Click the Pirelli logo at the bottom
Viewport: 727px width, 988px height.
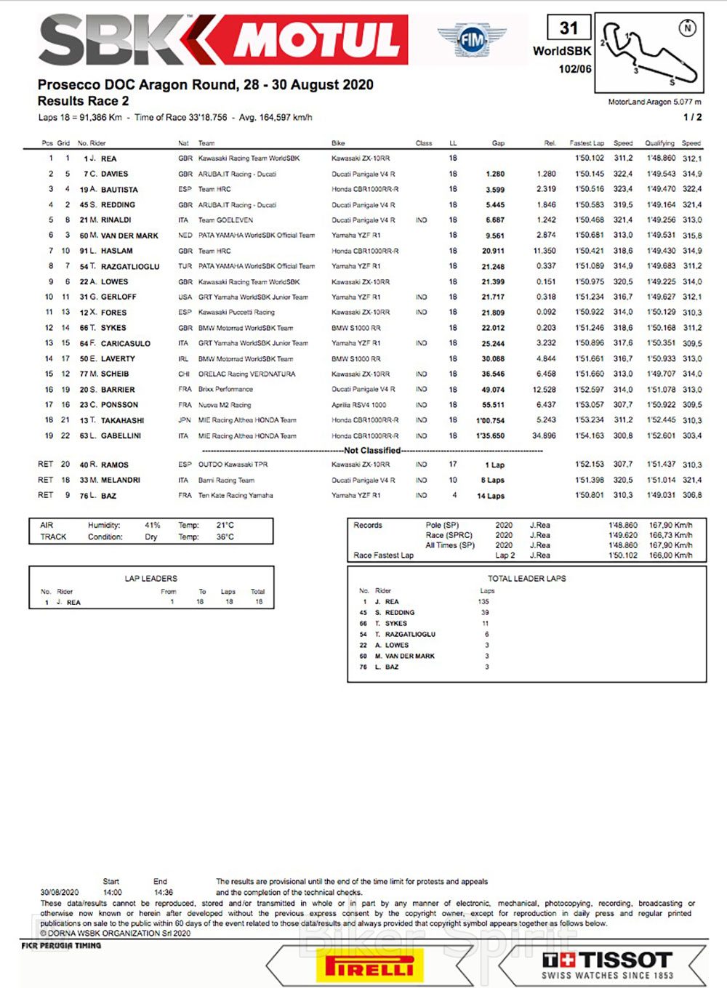coord(369,966)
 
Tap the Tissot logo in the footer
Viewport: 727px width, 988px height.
coord(608,965)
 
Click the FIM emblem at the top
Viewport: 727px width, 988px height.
coord(471,41)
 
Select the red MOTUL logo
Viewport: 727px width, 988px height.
coord(316,39)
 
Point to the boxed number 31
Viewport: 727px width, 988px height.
coord(569,28)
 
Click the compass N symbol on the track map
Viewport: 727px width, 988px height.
coord(687,28)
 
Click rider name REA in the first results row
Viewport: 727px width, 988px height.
coord(109,158)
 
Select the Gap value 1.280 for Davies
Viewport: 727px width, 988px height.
coord(495,174)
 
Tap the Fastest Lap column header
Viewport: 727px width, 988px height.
coord(587,143)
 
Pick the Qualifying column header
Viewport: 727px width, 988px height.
coord(659,143)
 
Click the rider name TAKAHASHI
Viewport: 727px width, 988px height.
coord(122,420)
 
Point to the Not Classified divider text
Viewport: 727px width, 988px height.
coord(372,451)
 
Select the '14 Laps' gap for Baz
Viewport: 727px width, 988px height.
coord(491,496)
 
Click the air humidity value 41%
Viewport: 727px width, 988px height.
coord(153,525)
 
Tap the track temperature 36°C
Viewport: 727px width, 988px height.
coord(225,537)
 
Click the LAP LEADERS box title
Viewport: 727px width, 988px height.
coord(151,579)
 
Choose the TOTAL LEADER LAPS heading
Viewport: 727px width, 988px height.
coord(526,579)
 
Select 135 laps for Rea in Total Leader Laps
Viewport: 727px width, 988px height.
coord(483,602)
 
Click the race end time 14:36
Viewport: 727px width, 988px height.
coord(164,892)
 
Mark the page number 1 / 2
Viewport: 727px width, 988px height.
coord(692,117)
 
